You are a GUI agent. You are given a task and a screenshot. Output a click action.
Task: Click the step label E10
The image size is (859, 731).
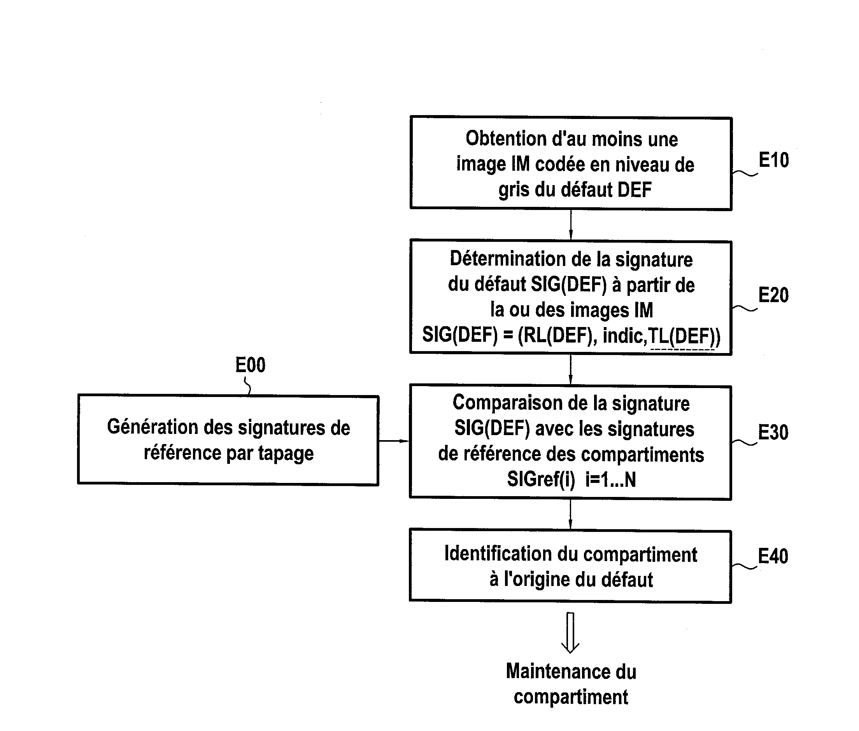(x=773, y=160)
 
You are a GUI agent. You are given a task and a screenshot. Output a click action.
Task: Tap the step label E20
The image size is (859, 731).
(x=773, y=295)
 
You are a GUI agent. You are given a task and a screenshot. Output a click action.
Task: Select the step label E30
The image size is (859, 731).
(x=773, y=432)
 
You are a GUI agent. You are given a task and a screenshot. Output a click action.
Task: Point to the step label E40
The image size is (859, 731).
(x=773, y=556)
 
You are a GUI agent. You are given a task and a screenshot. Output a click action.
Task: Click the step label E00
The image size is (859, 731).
(x=250, y=365)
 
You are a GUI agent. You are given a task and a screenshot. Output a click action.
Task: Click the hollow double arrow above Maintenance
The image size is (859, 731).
(x=570, y=632)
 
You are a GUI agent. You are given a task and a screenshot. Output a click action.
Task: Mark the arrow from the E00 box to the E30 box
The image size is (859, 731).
(x=394, y=441)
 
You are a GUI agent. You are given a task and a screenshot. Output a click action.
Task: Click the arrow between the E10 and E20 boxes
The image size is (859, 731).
(x=571, y=226)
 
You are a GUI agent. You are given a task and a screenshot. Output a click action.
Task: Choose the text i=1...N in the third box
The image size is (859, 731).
(x=610, y=479)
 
